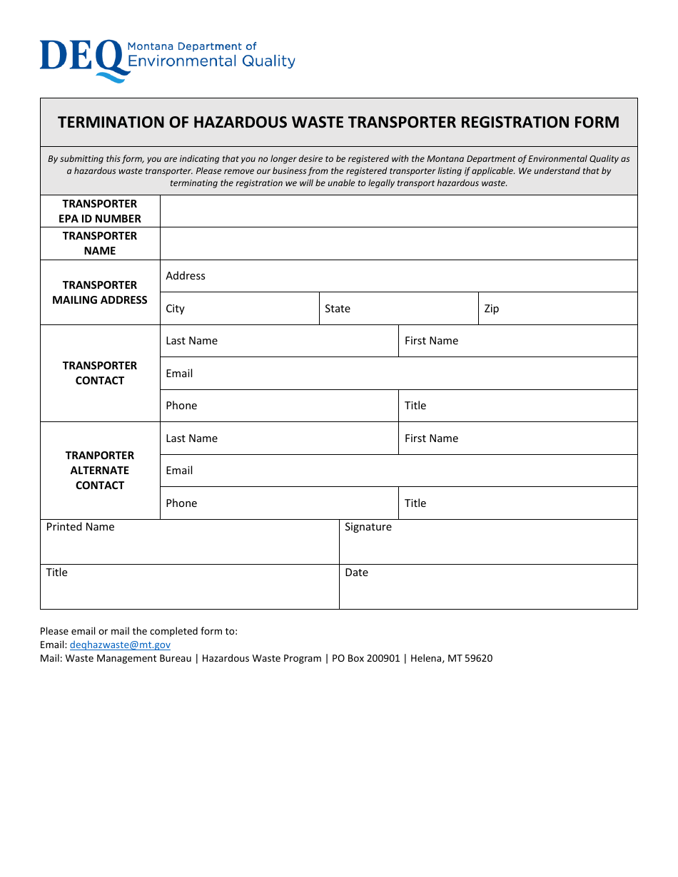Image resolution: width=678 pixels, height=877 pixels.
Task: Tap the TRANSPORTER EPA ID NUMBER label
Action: point(100,211)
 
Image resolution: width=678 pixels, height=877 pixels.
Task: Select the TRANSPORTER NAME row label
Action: point(100,243)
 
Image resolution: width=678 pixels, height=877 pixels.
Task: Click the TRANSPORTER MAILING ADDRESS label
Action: point(100,292)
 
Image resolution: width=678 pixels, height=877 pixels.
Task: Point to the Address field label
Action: point(186,276)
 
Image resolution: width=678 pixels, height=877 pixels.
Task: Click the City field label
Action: point(175,309)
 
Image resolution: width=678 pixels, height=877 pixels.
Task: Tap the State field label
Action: point(338,309)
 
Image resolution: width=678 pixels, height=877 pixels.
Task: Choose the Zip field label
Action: point(492,309)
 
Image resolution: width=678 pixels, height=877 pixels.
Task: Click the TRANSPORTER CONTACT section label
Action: point(100,373)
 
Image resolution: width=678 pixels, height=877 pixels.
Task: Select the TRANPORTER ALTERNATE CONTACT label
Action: point(100,471)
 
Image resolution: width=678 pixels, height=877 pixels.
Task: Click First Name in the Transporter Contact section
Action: point(431,341)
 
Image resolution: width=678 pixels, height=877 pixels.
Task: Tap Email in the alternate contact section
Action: point(179,471)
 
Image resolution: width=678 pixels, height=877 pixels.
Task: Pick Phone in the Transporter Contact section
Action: point(181,406)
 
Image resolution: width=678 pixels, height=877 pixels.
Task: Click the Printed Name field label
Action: point(80,527)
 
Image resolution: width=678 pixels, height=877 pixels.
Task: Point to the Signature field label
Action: point(368,527)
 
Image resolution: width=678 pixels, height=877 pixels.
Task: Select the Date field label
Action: point(356,573)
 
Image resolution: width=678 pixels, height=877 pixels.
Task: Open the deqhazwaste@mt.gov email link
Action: point(120,645)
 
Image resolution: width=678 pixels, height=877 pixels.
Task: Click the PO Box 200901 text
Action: point(365,658)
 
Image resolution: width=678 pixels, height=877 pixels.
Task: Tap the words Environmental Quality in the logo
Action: point(211,61)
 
